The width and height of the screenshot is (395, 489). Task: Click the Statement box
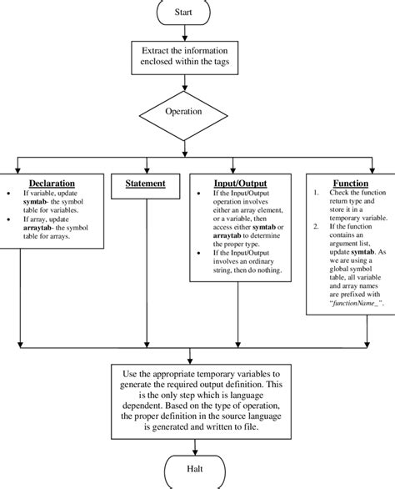[x=145, y=184]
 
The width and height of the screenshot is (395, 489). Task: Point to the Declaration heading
[x=52, y=184]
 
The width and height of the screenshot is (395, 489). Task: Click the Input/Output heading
[x=241, y=184]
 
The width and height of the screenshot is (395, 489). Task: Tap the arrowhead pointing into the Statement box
[x=146, y=169]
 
